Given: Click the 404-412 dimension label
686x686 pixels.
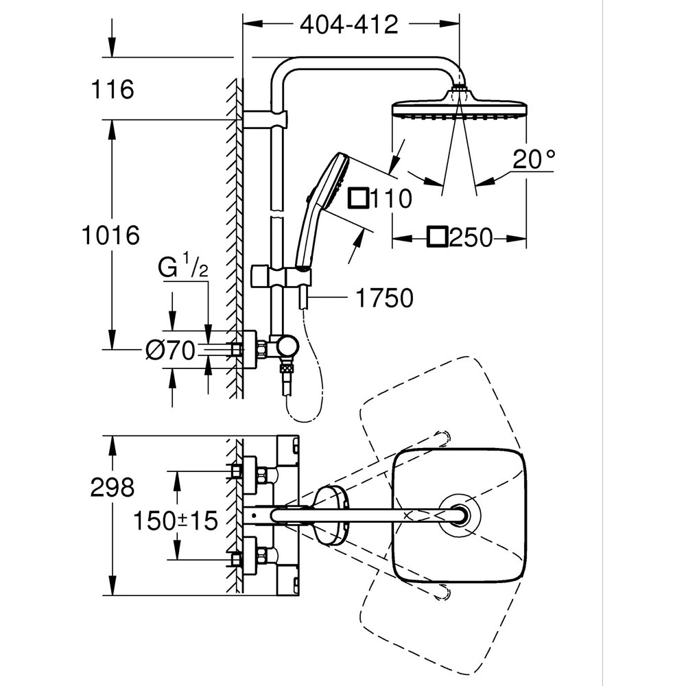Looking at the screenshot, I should pyautogui.click(x=348, y=25).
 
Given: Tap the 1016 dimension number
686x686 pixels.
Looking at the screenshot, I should pyautogui.click(x=110, y=235).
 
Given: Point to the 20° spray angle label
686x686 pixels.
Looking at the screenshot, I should pyautogui.click(x=534, y=160).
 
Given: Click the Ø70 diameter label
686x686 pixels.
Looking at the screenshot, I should pyautogui.click(x=169, y=350).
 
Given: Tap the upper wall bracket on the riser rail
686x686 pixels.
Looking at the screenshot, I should pyautogui.click(x=268, y=119).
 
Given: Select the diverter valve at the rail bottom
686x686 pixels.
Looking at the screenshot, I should pyautogui.click(x=284, y=348).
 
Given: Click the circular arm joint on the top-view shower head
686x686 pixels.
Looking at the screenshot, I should pyautogui.click(x=458, y=514).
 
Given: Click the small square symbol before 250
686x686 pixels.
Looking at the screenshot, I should pyautogui.click(x=436, y=238).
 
